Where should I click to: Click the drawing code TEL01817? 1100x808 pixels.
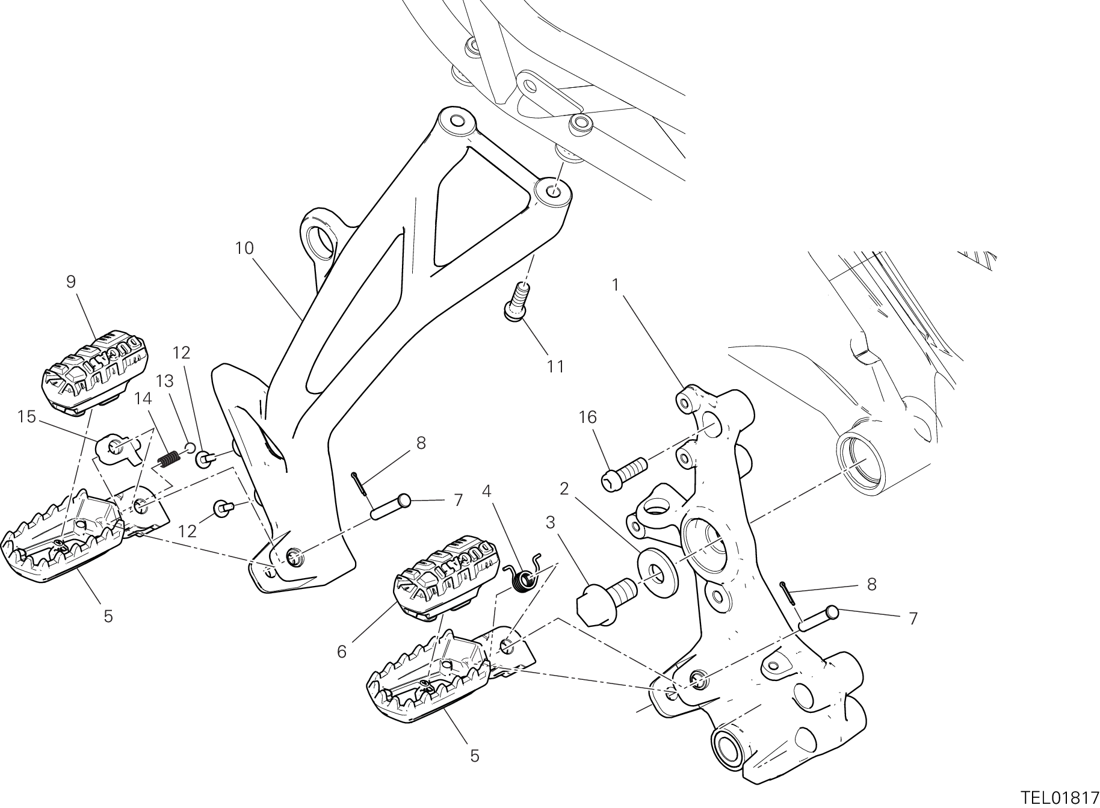tap(1059, 798)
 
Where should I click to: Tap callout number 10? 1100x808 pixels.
tap(244, 248)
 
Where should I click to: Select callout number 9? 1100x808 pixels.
tap(71, 282)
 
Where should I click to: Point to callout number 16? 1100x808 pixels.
tap(588, 417)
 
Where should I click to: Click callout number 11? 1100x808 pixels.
tap(555, 366)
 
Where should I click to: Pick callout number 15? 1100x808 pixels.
tap(27, 416)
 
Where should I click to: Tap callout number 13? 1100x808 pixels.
tap(164, 381)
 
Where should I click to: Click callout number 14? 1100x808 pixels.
tap(143, 398)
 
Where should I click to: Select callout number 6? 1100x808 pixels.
tap(342, 652)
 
